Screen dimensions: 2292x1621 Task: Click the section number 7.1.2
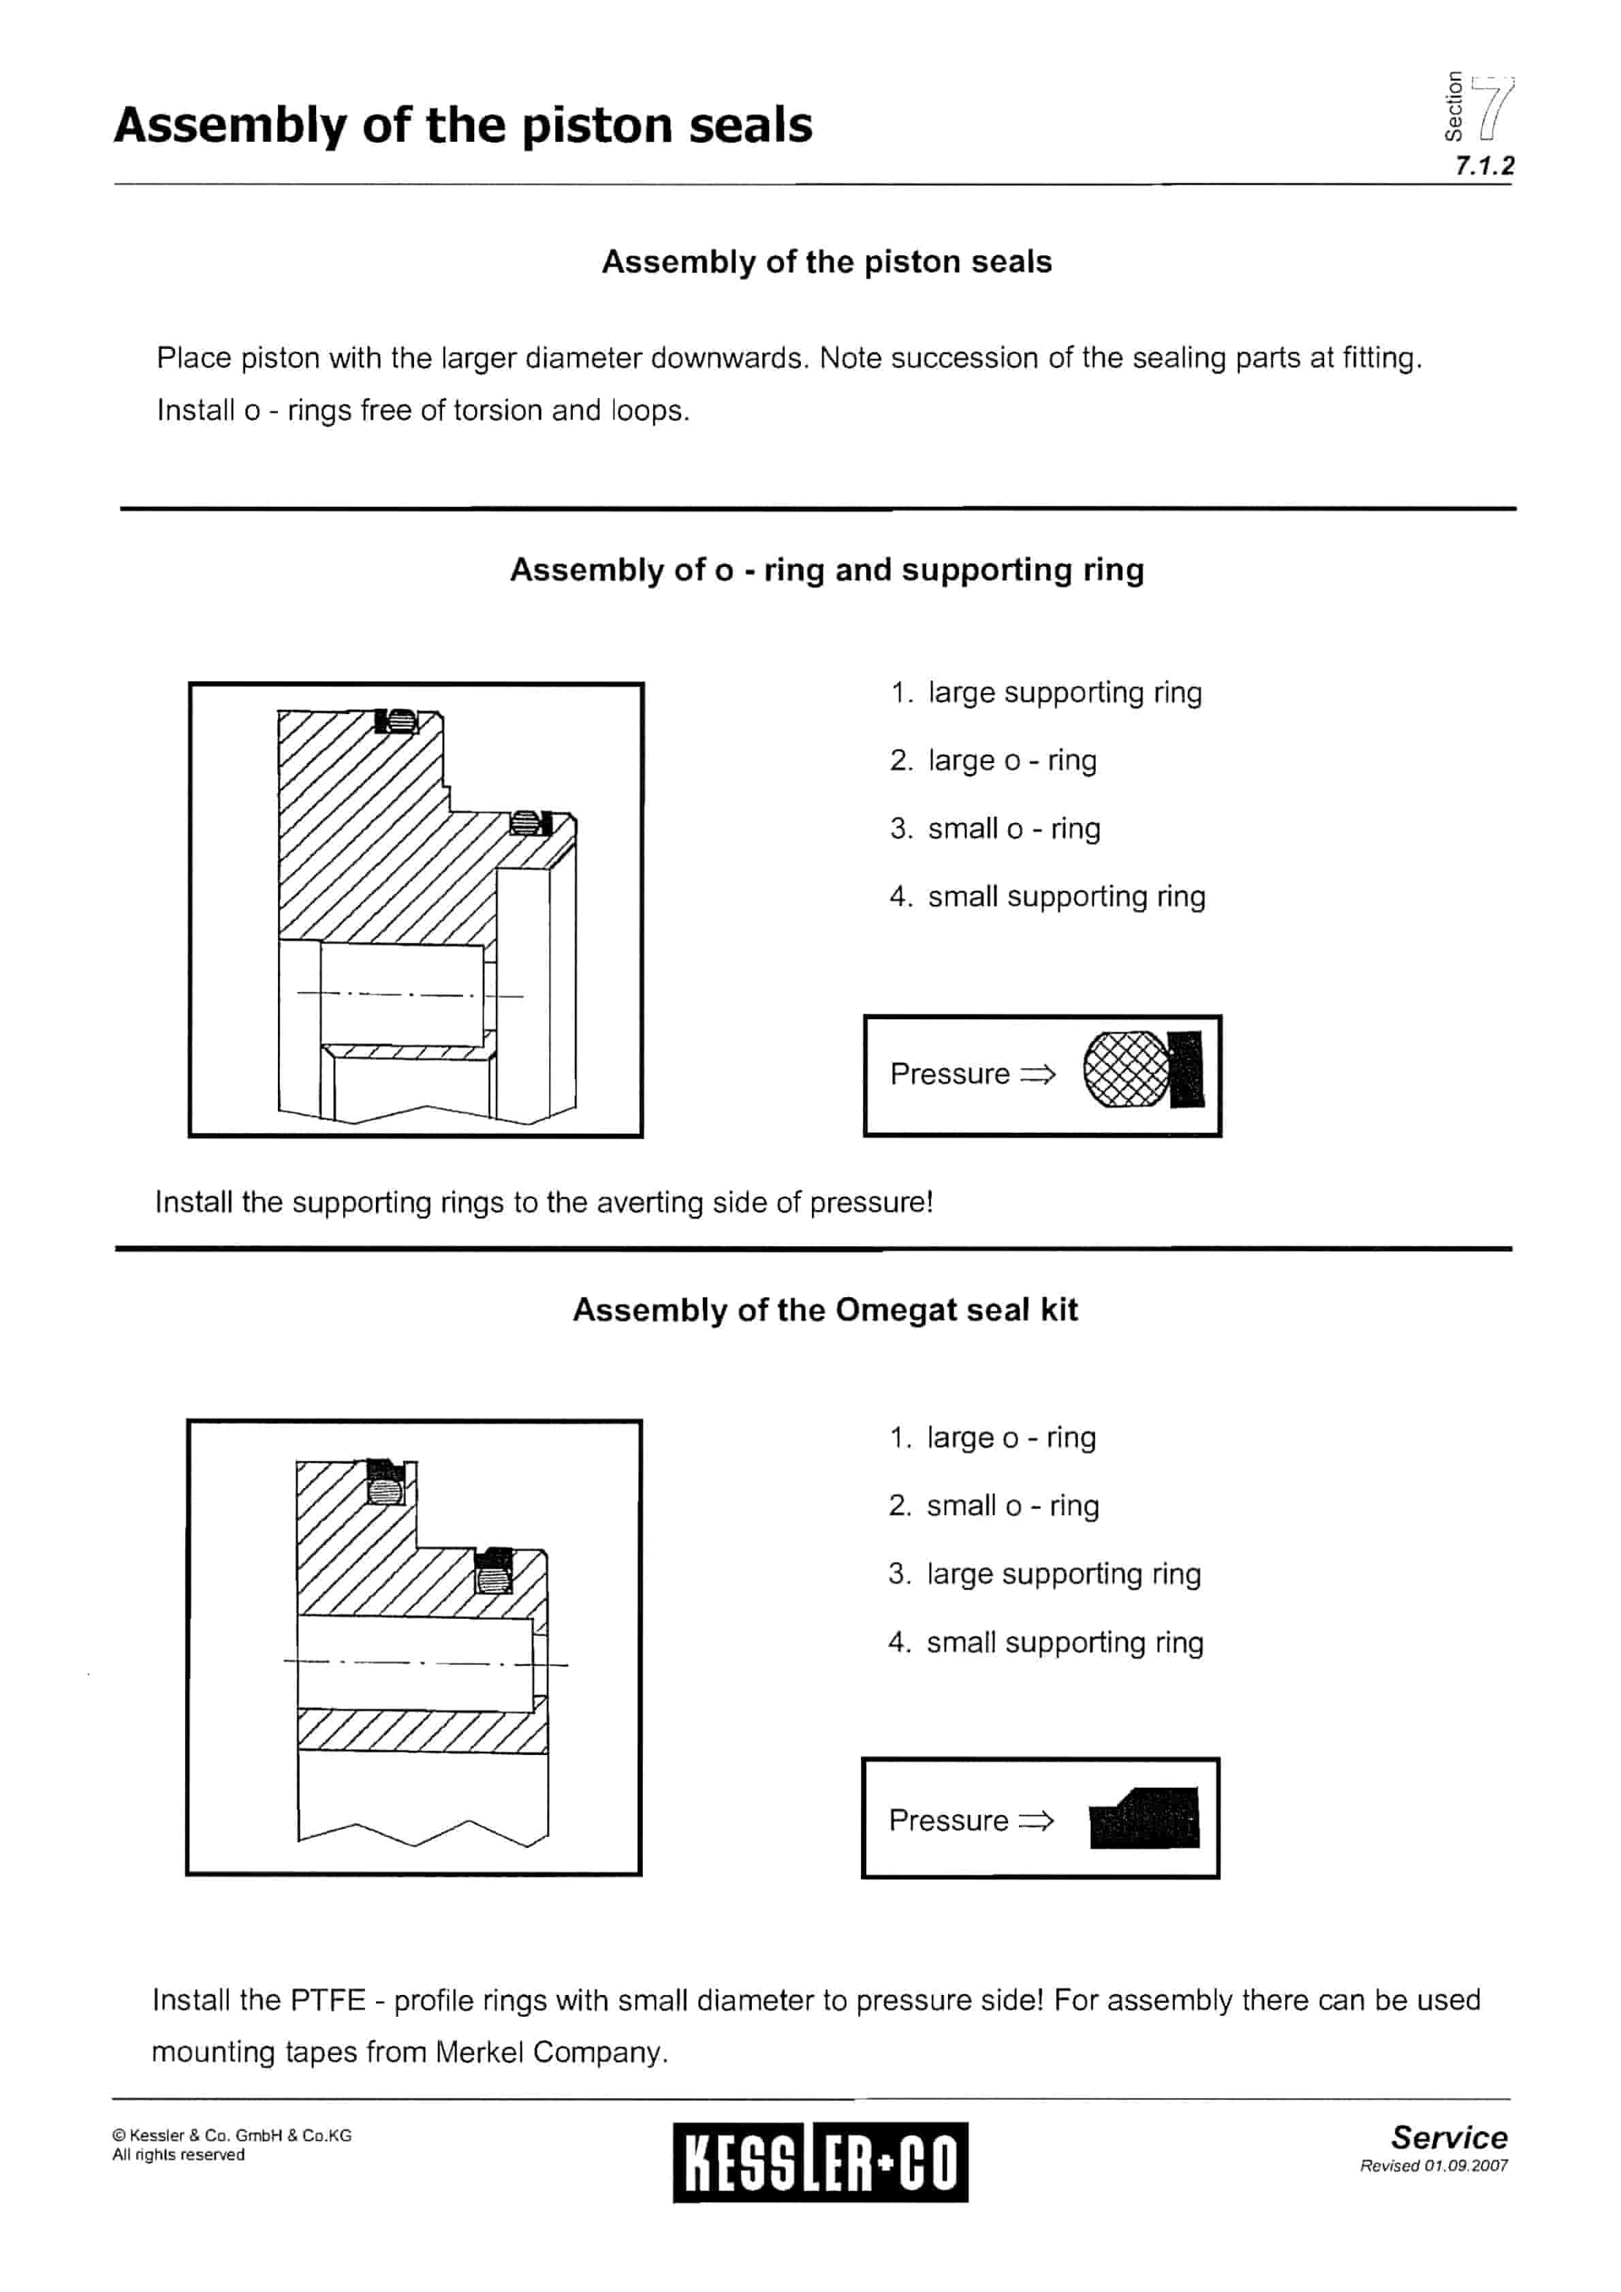pyautogui.click(x=1483, y=166)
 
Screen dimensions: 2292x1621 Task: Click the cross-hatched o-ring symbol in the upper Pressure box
pyautogui.click(x=1126, y=1069)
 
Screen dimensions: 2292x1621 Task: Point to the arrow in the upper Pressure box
pyautogui.click(x=1037, y=1074)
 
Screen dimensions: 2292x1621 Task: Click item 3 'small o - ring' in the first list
pyautogui.click(x=1013, y=828)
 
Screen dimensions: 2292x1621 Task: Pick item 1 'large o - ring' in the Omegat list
pyautogui.click(x=1010, y=1438)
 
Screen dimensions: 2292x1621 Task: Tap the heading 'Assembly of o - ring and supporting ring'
pyautogui.click(x=826, y=570)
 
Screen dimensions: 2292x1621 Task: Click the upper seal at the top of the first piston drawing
pyautogui.click(x=396, y=721)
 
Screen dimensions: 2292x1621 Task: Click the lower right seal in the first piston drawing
pyautogui.click(x=530, y=822)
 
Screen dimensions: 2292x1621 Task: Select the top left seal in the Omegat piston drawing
pyautogui.click(x=385, y=1483)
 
